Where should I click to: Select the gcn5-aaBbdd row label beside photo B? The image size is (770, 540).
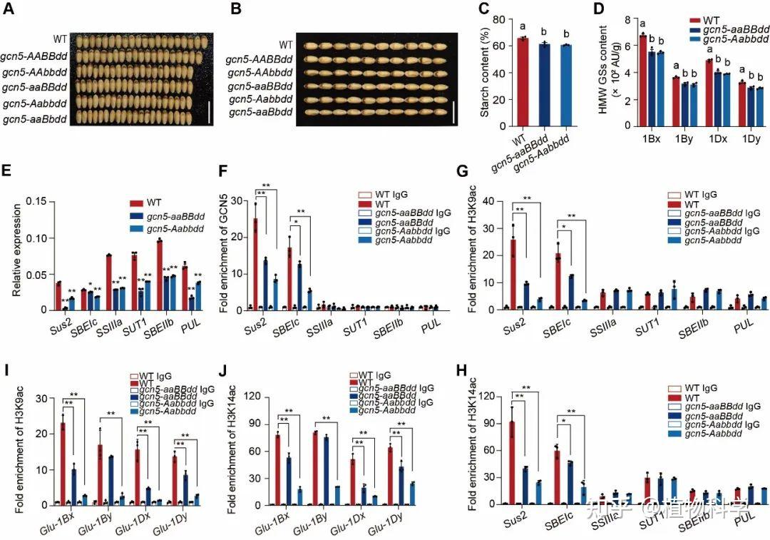tap(260, 113)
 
